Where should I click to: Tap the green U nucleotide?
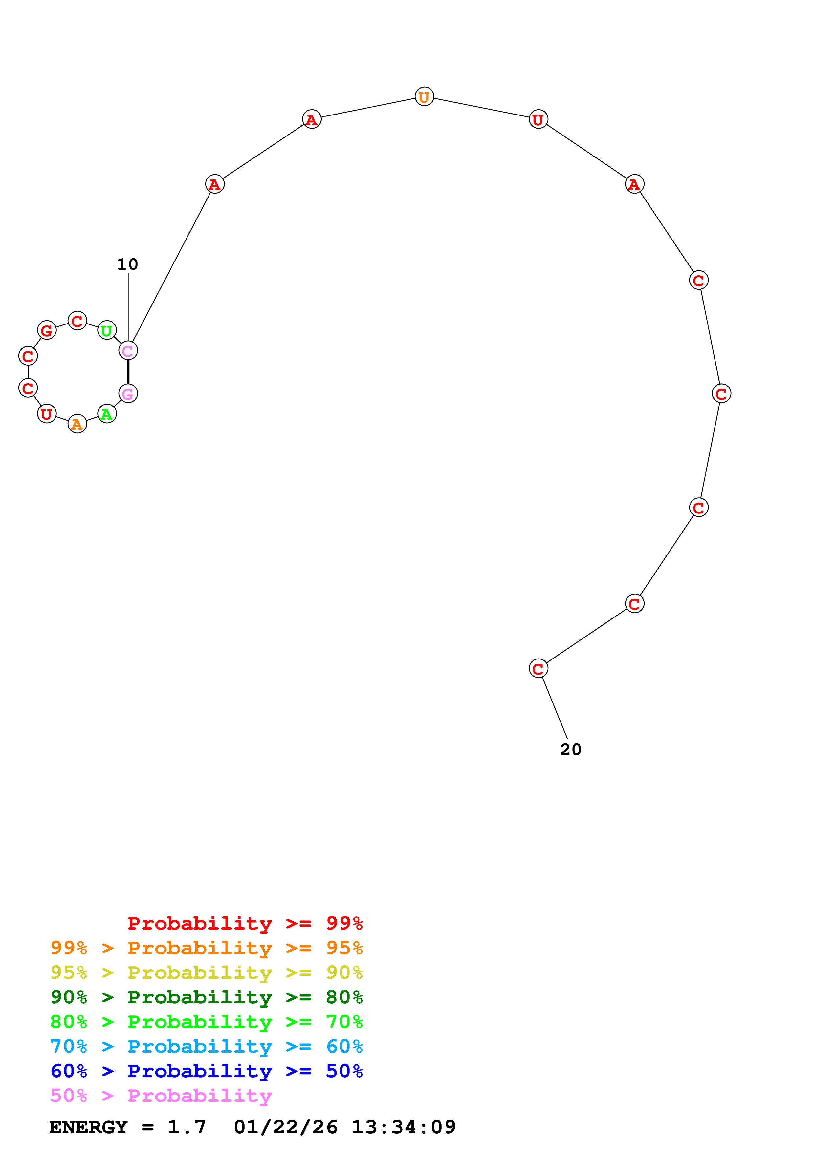[107, 330]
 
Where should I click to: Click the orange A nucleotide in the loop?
[77, 424]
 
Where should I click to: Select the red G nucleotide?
[47, 330]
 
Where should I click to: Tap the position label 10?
[127, 264]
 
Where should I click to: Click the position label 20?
[571, 749]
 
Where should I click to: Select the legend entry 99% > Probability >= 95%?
[207, 948]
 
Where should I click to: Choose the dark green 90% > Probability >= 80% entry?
[207, 997]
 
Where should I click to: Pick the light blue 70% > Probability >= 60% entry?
[207, 1046]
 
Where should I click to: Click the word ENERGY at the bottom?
[88, 1127]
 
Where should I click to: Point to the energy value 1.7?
[187, 1127]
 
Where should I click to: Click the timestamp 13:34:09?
[404, 1127]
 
